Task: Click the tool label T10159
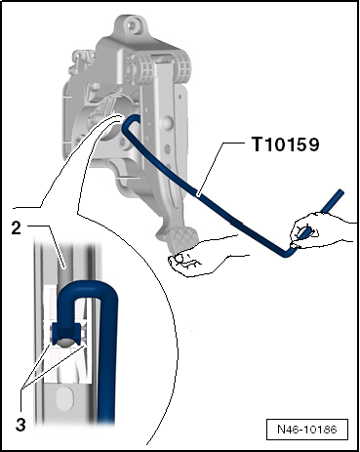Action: coord(285,144)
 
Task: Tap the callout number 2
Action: coord(17,228)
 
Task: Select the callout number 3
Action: coord(20,425)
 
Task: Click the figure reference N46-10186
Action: coord(307,430)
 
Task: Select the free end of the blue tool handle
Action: coord(340,192)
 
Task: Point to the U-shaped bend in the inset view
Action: coord(86,287)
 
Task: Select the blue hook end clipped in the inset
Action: coord(66,334)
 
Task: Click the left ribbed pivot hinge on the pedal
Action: coord(145,69)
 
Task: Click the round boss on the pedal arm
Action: coord(167,122)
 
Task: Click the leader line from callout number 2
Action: coord(48,242)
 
